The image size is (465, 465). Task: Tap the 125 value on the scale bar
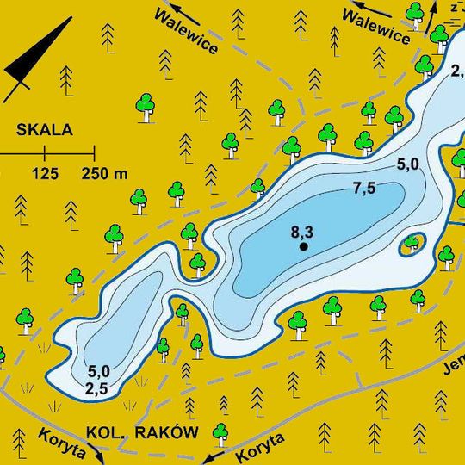pos(45,174)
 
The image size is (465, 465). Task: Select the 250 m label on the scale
pos(104,174)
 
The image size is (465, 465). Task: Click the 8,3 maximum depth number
pos(302,232)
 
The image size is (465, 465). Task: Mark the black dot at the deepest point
pos(303,247)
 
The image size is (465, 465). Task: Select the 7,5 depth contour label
pos(364,189)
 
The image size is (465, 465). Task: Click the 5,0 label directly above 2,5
pos(99,371)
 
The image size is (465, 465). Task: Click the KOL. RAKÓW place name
pos(142,432)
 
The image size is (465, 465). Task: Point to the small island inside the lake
pos(413,245)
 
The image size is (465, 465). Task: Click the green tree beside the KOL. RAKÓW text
pos(220,432)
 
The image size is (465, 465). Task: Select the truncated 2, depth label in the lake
pos(456,71)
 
